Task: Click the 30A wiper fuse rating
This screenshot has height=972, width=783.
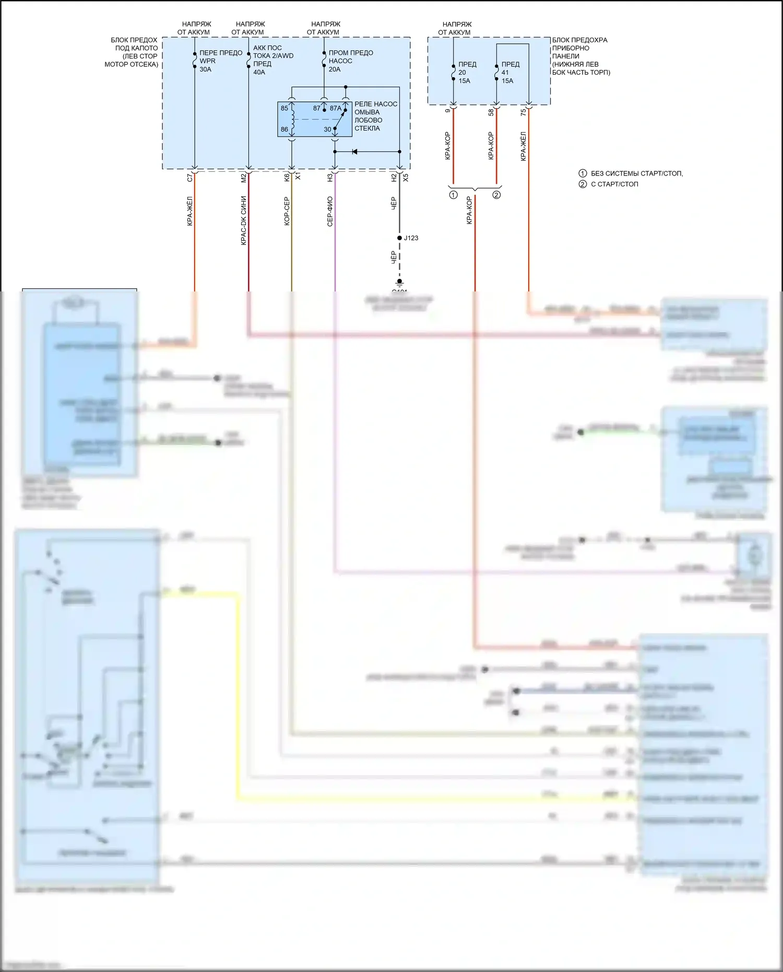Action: [x=205, y=69]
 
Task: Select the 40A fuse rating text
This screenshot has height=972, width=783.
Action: [x=259, y=72]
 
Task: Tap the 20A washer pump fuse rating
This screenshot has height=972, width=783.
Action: [x=335, y=69]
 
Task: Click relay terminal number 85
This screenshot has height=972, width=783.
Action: [x=284, y=108]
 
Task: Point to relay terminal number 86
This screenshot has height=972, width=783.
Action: [x=284, y=129]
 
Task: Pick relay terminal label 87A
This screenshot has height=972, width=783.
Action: [x=335, y=108]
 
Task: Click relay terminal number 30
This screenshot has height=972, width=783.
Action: [x=327, y=129]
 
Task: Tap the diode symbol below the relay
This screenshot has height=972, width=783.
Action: [x=354, y=152]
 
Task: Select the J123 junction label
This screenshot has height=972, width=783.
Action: [x=411, y=238]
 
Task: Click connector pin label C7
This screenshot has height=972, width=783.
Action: [x=190, y=178]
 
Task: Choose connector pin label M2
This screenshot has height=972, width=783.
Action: [x=244, y=178]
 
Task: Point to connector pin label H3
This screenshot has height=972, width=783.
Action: [x=330, y=178]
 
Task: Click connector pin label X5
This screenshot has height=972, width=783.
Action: [x=406, y=178]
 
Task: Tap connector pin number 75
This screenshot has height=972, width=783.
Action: [x=524, y=112]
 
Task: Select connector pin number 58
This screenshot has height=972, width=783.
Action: [x=491, y=112]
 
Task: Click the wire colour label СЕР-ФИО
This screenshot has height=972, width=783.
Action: [x=330, y=212]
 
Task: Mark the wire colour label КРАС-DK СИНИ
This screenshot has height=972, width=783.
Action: [x=244, y=220]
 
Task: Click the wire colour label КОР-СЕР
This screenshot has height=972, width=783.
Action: [x=287, y=212]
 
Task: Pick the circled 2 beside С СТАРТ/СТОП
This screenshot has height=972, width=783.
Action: [x=583, y=184]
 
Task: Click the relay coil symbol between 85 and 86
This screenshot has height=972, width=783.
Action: [x=292, y=119]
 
